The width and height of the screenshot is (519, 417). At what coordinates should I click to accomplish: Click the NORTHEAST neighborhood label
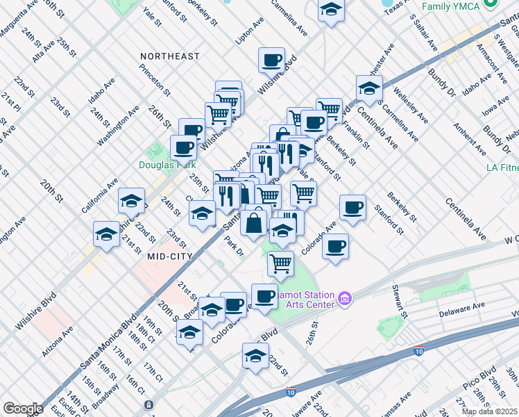[169, 56]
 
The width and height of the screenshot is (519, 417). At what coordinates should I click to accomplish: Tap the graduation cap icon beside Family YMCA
[332, 10]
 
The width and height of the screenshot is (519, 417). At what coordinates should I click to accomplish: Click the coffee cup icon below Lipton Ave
[271, 59]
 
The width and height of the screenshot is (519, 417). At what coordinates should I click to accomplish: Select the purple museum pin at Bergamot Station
[345, 300]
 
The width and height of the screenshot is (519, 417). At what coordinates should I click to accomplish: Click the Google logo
[23, 409]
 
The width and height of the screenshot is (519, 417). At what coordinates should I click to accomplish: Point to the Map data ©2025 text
[490, 411]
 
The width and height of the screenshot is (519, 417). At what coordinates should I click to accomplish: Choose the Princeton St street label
[154, 79]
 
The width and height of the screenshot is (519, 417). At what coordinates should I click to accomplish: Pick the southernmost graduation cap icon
[255, 355]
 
